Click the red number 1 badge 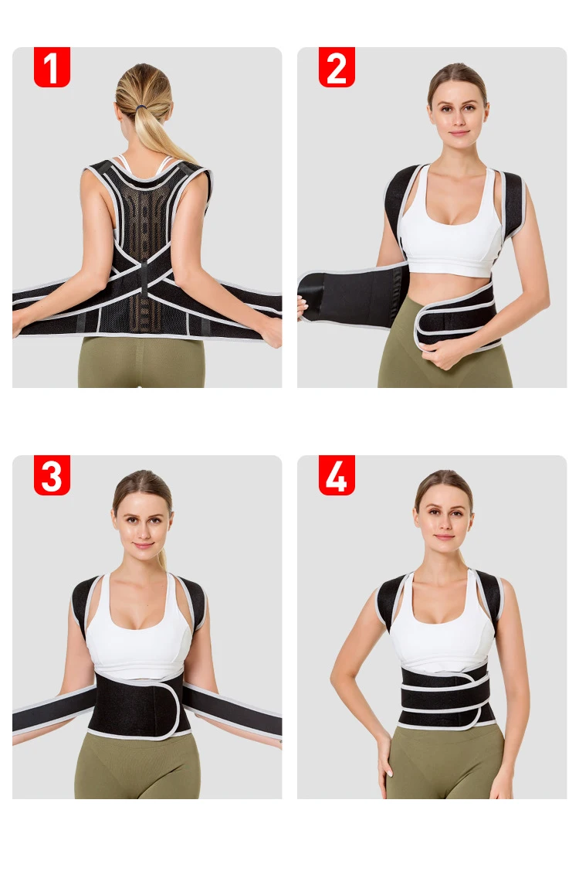(x=52, y=66)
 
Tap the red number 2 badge (x=337, y=66)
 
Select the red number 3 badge (x=52, y=475)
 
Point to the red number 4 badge (x=337, y=475)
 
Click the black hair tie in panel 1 (x=141, y=107)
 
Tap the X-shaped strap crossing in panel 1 (x=144, y=268)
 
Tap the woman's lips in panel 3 (x=143, y=545)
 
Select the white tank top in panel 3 (x=138, y=634)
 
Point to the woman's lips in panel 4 (x=445, y=537)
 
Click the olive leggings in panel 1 (x=141, y=362)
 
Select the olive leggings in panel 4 (x=445, y=762)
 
